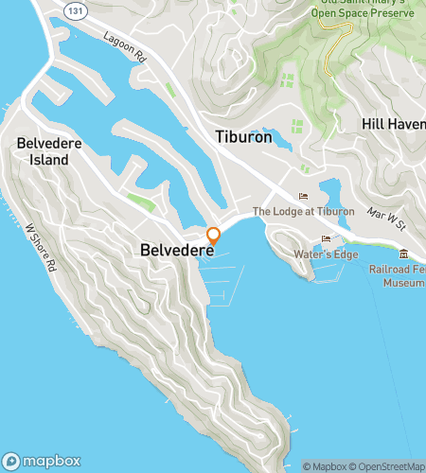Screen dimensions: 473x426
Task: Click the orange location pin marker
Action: coord(214,236)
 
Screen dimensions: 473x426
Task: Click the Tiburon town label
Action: coord(243,137)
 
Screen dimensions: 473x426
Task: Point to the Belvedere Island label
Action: coord(43,151)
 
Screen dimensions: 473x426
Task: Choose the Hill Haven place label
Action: coord(393,124)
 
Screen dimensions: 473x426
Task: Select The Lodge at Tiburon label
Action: coord(302,211)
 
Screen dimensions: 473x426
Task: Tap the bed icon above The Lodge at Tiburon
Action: coord(303,196)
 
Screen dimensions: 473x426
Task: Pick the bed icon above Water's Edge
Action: coord(326,238)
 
